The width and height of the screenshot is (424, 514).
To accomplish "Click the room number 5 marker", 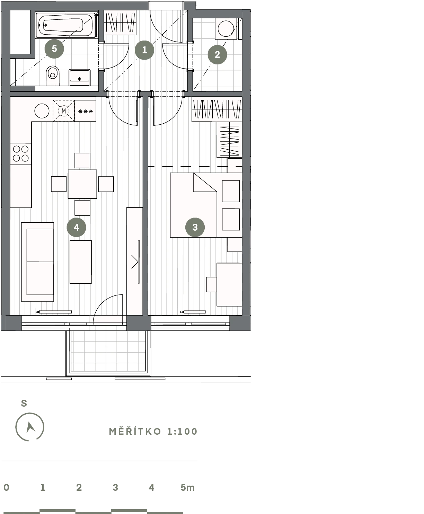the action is click(54, 49).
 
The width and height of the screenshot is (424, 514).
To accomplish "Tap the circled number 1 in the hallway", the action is click(144, 50).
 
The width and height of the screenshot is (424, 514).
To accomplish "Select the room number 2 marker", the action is click(217, 54).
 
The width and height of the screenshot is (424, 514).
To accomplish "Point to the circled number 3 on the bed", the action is click(195, 227).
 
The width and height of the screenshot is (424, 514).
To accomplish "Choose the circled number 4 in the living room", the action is click(76, 227).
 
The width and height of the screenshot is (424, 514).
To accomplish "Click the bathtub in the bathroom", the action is click(65, 25).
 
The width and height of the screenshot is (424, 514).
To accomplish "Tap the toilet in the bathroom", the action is click(53, 76).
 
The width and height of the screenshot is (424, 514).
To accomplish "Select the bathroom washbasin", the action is click(80, 77).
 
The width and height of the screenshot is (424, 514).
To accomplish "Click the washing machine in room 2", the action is click(226, 28).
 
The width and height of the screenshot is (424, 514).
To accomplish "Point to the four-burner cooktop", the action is click(21, 153).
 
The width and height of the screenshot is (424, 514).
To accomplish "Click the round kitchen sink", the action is click(42, 111).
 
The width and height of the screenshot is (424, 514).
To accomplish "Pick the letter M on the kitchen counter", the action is click(64, 111).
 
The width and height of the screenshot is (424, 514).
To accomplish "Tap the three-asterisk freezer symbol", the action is click(86, 112).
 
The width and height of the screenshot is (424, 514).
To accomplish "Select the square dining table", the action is click(82, 184).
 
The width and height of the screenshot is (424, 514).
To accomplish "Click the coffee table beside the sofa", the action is click(80, 262).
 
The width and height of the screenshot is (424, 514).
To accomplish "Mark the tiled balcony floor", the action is click(108, 351).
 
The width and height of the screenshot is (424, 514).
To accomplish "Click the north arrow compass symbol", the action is click(30, 427).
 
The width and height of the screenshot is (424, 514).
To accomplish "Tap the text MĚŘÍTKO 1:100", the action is click(153, 432).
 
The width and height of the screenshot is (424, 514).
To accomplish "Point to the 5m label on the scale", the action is click(188, 487).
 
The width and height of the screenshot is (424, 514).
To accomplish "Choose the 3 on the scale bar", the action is click(115, 487).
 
